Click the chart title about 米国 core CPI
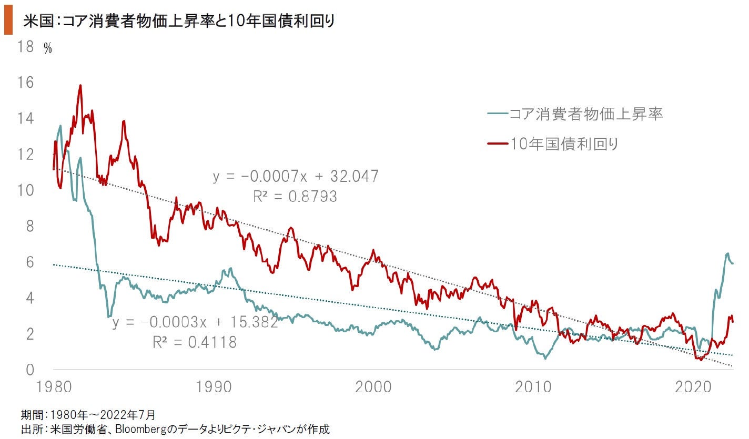pos(179,22)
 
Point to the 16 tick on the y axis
pos(26,83)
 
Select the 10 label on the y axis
pos(26,190)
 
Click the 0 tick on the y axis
pos(30,370)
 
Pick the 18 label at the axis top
pos(26,47)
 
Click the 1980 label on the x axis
pos(53,388)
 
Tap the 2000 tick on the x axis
pos(373,388)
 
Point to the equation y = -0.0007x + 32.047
pos(296,176)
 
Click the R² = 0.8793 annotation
pos(295,197)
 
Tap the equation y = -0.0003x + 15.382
pos(195,322)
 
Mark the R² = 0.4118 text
pos(195,343)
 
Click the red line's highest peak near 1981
pos(80,85)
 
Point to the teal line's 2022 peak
pos(727,254)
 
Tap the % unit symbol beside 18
pos(48,49)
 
